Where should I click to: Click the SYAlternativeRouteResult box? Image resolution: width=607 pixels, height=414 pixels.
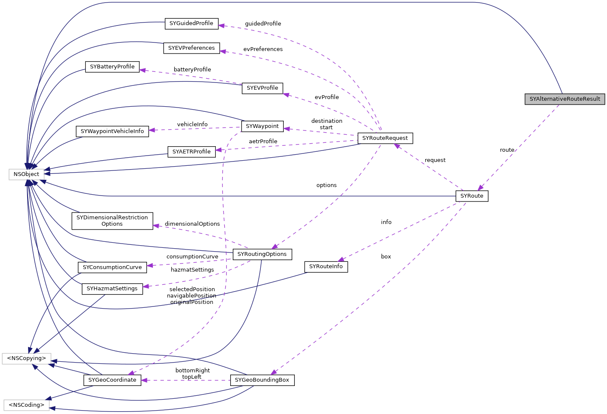[565, 99]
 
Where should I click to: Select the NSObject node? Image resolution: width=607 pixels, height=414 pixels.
[26, 174]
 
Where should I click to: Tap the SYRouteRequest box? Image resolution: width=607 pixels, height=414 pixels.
[385, 138]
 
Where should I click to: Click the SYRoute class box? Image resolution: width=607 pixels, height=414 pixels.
[471, 196]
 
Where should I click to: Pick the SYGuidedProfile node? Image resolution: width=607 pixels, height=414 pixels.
[191, 23]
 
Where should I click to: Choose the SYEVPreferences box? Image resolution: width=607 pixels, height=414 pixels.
[191, 48]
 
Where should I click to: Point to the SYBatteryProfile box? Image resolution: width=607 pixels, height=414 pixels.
[112, 67]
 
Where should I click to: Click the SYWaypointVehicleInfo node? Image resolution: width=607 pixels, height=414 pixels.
[112, 131]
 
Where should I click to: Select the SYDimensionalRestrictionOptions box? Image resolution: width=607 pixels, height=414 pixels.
[112, 221]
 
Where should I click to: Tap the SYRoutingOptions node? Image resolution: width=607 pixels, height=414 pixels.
[262, 254]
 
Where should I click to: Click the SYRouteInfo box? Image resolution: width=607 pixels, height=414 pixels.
[326, 267]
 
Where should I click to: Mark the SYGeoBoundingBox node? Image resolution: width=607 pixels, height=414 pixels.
[262, 380]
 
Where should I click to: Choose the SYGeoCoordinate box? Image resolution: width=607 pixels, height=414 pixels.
[112, 380]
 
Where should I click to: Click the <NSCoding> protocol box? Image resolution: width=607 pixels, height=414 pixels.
[26, 405]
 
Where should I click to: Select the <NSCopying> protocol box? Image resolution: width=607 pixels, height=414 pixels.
[26, 358]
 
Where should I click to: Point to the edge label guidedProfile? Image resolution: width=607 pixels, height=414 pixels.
[263, 24]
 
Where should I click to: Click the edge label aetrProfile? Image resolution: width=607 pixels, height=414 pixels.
[263, 141]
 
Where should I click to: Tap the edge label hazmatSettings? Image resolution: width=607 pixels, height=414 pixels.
[192, 269]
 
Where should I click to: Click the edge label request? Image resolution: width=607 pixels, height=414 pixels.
[435, 160]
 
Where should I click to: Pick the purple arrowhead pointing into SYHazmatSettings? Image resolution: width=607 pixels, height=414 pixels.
[146, 286]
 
